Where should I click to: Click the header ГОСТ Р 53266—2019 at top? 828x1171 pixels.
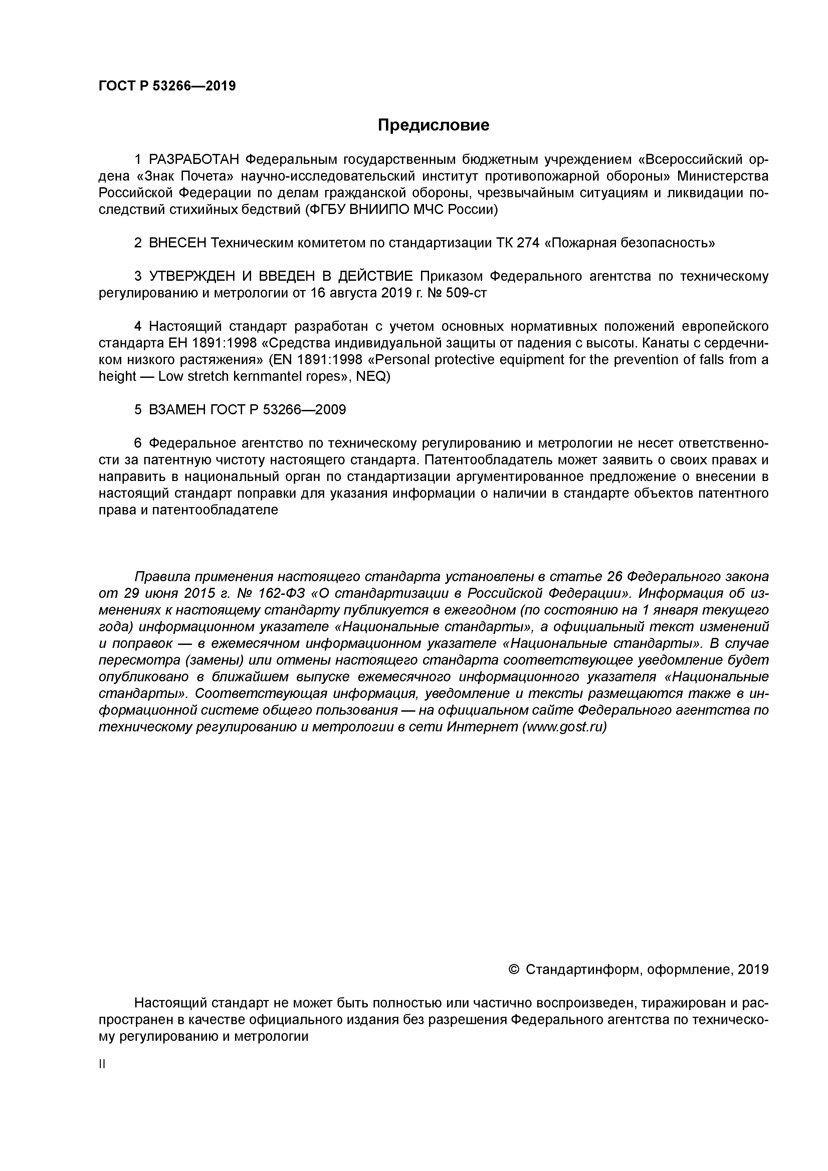click(x=167, y=86)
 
